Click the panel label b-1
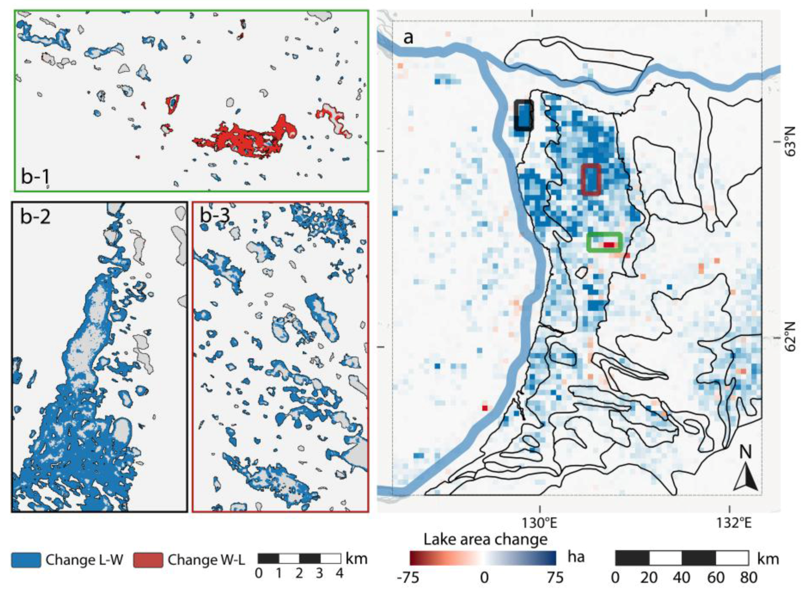tap(35, 177)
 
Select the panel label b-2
tap(35, 216)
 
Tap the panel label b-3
tap(215, 216)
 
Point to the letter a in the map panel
tap(408, 38)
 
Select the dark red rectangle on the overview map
tap(591, 179)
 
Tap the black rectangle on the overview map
tap(524, 115)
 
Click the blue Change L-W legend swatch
tap(26, 560)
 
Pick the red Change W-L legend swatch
tap(148, 560)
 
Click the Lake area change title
tap(485, 539)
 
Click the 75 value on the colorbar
tap(554, 578)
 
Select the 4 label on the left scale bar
tap(339, 573)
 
